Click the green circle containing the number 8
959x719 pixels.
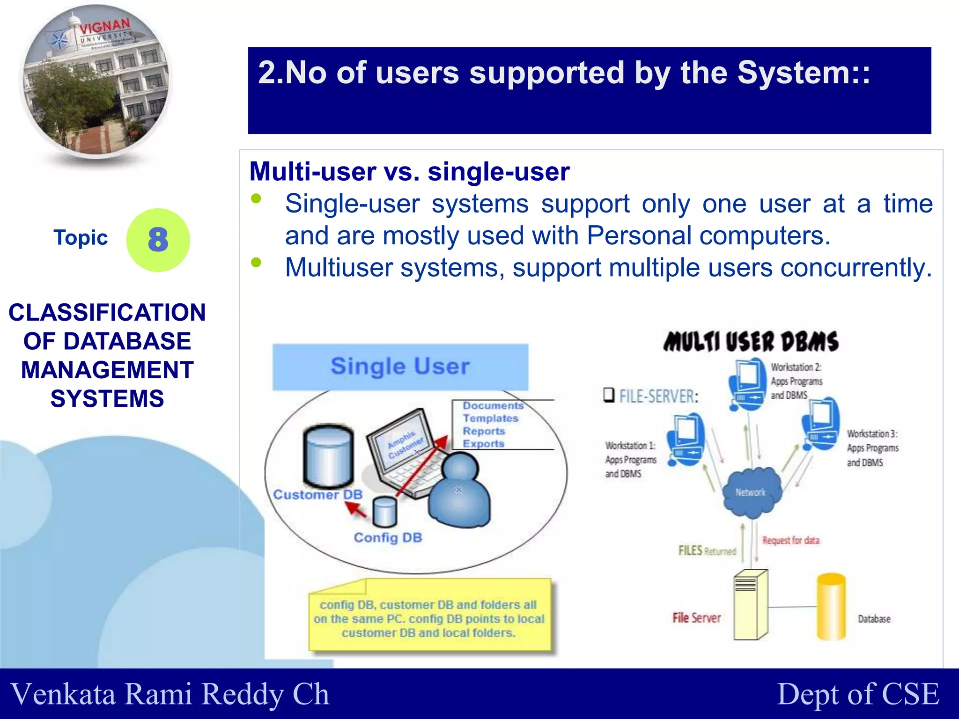(158, 240)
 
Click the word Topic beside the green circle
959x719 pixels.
(81, 238)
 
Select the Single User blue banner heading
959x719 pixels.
(400, 367)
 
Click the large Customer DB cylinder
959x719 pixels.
(328, 457)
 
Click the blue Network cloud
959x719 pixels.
(751, 492)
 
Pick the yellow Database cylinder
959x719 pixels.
(831, 607)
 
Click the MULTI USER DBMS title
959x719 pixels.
(751, 342)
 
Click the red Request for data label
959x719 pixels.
(790, 541)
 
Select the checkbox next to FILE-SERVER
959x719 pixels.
(609, 395)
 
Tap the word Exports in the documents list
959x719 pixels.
(484, 444)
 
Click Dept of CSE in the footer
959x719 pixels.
(858, 694)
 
